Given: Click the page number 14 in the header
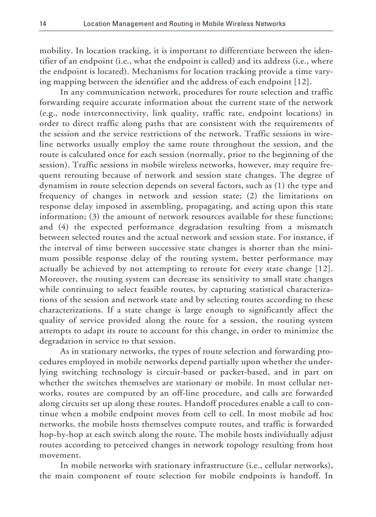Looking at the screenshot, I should [x=42, y=24].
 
